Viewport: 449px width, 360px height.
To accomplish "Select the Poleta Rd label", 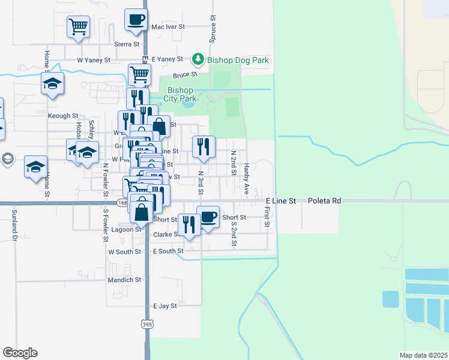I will [x=325, y=201].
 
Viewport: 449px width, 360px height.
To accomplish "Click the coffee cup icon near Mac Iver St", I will [x=136, y=19].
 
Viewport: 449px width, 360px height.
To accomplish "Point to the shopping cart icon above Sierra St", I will [x=78, y=26].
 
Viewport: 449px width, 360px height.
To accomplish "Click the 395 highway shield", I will [x=148, y=325].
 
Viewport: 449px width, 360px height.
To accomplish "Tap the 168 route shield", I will [x=122, y=203].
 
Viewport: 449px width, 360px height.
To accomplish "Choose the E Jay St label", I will [x=165, y=305].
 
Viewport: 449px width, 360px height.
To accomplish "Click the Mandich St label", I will [x=124, y=280].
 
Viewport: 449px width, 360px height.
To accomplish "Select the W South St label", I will [x=124, y=252].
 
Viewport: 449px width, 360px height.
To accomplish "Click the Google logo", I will [x=20, y=353].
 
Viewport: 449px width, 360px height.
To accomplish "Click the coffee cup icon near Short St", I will [x=208, y=217].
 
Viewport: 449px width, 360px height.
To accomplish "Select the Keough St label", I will [x=62, y=116].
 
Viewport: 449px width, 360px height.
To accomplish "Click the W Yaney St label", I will [x=94, y=60].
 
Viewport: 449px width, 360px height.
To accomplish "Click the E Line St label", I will [x=281, y=201].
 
